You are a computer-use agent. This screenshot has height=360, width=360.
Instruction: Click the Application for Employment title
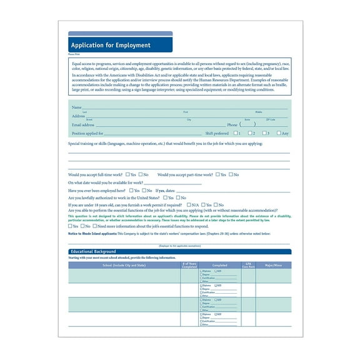111,46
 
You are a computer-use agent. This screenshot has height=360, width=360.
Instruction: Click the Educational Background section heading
92,252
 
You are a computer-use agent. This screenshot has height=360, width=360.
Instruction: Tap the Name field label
77,107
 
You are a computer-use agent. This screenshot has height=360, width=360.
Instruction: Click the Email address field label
83,124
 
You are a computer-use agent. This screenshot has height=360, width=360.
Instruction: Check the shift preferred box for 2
250,133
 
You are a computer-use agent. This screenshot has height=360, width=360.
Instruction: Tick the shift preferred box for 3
264,133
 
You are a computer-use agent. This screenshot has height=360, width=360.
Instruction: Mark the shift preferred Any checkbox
279,133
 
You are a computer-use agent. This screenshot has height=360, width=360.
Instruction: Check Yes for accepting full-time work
128,174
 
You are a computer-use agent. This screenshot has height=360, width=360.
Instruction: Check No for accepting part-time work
231,174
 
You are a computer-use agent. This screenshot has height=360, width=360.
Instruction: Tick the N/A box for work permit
187,204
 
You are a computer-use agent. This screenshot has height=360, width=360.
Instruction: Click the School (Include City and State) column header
124,266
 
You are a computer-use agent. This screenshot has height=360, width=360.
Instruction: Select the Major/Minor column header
273,266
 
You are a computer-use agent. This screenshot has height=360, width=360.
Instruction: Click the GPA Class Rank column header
248,266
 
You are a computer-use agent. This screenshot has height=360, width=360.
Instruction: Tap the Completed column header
219,266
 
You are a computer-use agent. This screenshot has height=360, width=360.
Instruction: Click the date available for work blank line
172,184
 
